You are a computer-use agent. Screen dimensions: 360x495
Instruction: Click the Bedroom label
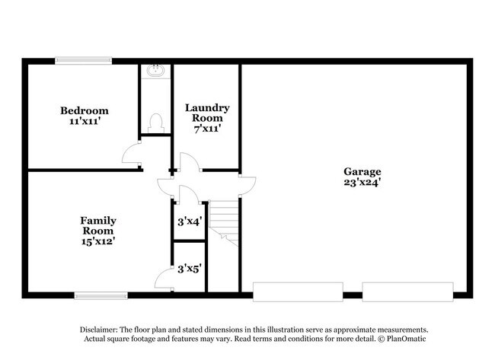pos(85,110)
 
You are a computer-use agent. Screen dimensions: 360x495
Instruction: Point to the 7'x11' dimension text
pos(207,129)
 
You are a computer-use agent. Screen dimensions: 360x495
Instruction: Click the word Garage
pos(362,171)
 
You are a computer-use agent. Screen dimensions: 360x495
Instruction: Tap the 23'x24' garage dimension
pos(362,183)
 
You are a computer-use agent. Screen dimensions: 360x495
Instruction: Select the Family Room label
pos(98,225)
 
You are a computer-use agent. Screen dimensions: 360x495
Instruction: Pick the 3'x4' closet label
pos(189,222)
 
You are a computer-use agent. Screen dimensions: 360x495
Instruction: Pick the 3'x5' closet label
pos(189,268)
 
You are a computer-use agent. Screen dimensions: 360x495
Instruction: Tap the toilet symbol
pos(156,122)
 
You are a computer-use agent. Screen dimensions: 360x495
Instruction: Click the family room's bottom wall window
pos(101,295)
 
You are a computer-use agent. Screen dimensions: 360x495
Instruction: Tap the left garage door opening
pos(298,292)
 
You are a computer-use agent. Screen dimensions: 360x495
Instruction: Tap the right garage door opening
pos(407,292)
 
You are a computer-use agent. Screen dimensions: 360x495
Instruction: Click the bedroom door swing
pos(133,155)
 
